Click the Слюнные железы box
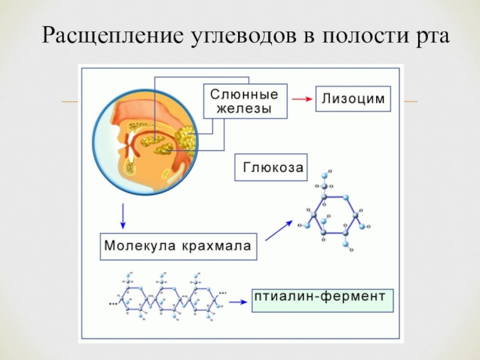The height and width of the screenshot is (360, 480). (x=244, y=101)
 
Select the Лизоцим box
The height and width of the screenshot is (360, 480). (x=353, y=99)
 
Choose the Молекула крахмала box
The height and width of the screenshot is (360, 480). (x=178, y=247)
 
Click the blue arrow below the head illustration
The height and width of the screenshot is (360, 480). (x=123, y=217)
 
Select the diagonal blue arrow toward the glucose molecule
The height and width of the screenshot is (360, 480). (x=278, y=230)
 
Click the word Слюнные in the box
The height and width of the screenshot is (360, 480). (x=244, y=94)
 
